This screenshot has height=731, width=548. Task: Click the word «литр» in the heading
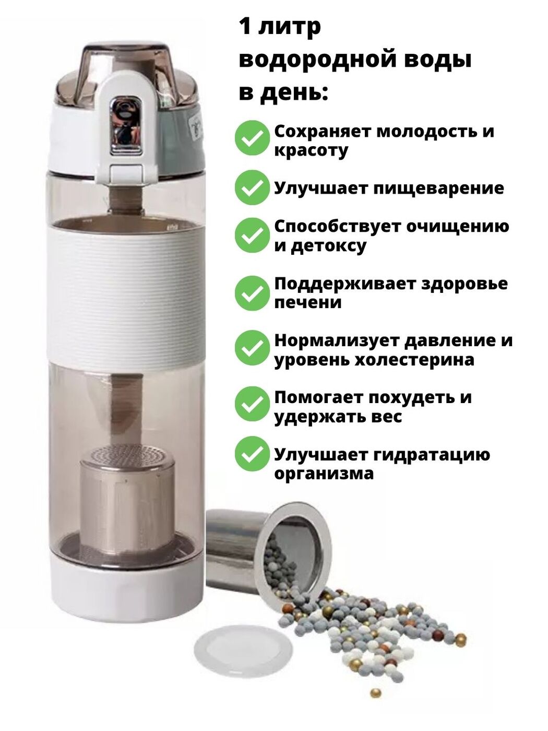pos(290,27)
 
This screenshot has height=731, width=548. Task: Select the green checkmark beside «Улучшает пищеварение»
pos(252,187)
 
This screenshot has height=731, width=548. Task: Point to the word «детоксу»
pos(329,246)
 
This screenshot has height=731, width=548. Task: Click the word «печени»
pos(308,303)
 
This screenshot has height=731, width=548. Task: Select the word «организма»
pos(324,474)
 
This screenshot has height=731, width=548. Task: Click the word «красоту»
pos(311,151)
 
